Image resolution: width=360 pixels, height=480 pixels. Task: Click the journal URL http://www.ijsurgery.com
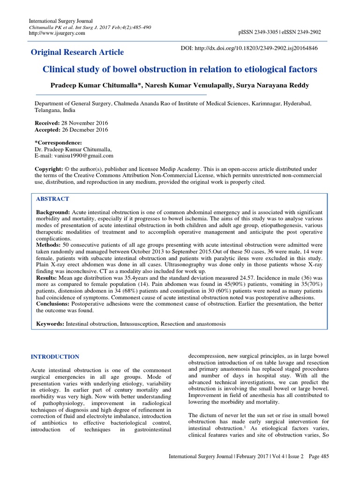click(57, 33)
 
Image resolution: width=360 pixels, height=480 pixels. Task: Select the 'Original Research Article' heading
click(77, 52)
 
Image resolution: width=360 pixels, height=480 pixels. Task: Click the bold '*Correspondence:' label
click(59, 142)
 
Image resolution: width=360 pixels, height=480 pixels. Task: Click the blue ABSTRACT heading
click(52, 199)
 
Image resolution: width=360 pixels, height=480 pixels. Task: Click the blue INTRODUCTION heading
click(54, 357)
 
